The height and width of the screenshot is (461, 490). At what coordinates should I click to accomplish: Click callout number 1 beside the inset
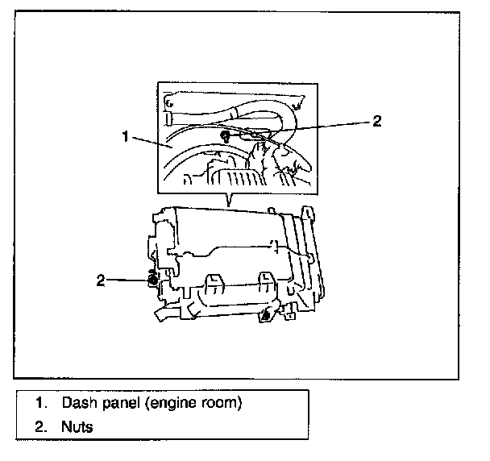point(125,136)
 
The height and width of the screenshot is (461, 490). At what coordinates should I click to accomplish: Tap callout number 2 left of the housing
point(101,280)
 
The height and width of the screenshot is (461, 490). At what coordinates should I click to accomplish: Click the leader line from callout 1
point(150,143)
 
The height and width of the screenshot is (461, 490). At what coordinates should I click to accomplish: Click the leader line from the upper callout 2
point(322,127)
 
